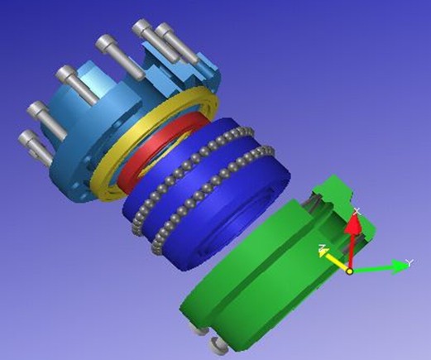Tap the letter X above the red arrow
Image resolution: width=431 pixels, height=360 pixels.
click(357, 212)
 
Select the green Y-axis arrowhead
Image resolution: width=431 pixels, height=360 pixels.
click(399, 266)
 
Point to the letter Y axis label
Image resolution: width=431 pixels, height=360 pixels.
click(409, 262)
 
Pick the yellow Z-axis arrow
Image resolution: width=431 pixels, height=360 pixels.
click(335, 259)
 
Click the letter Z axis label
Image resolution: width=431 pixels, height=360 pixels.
click(322, 247)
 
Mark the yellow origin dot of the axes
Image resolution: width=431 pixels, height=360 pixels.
click(350, 271)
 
